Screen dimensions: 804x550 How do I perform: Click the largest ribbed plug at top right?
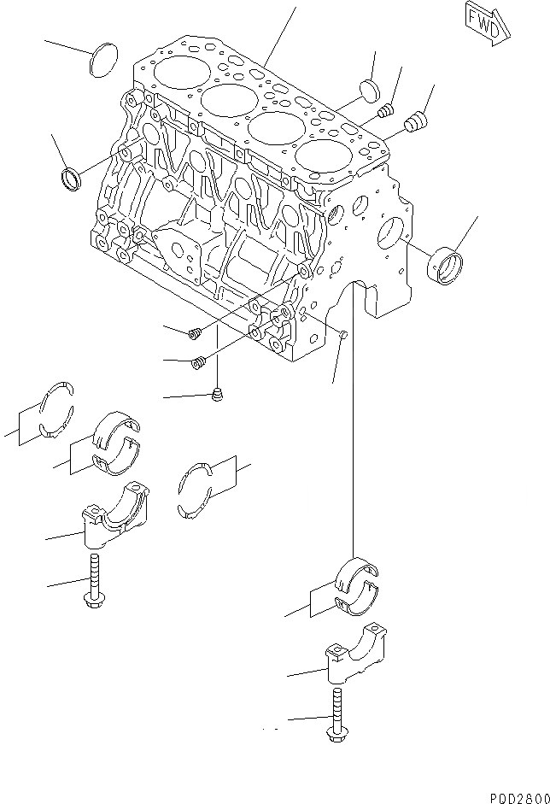click(x=416, y=123)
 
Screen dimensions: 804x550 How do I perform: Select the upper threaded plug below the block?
click(x=195, y=332)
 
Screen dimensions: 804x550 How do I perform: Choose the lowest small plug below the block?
click(x=217, y=394)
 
